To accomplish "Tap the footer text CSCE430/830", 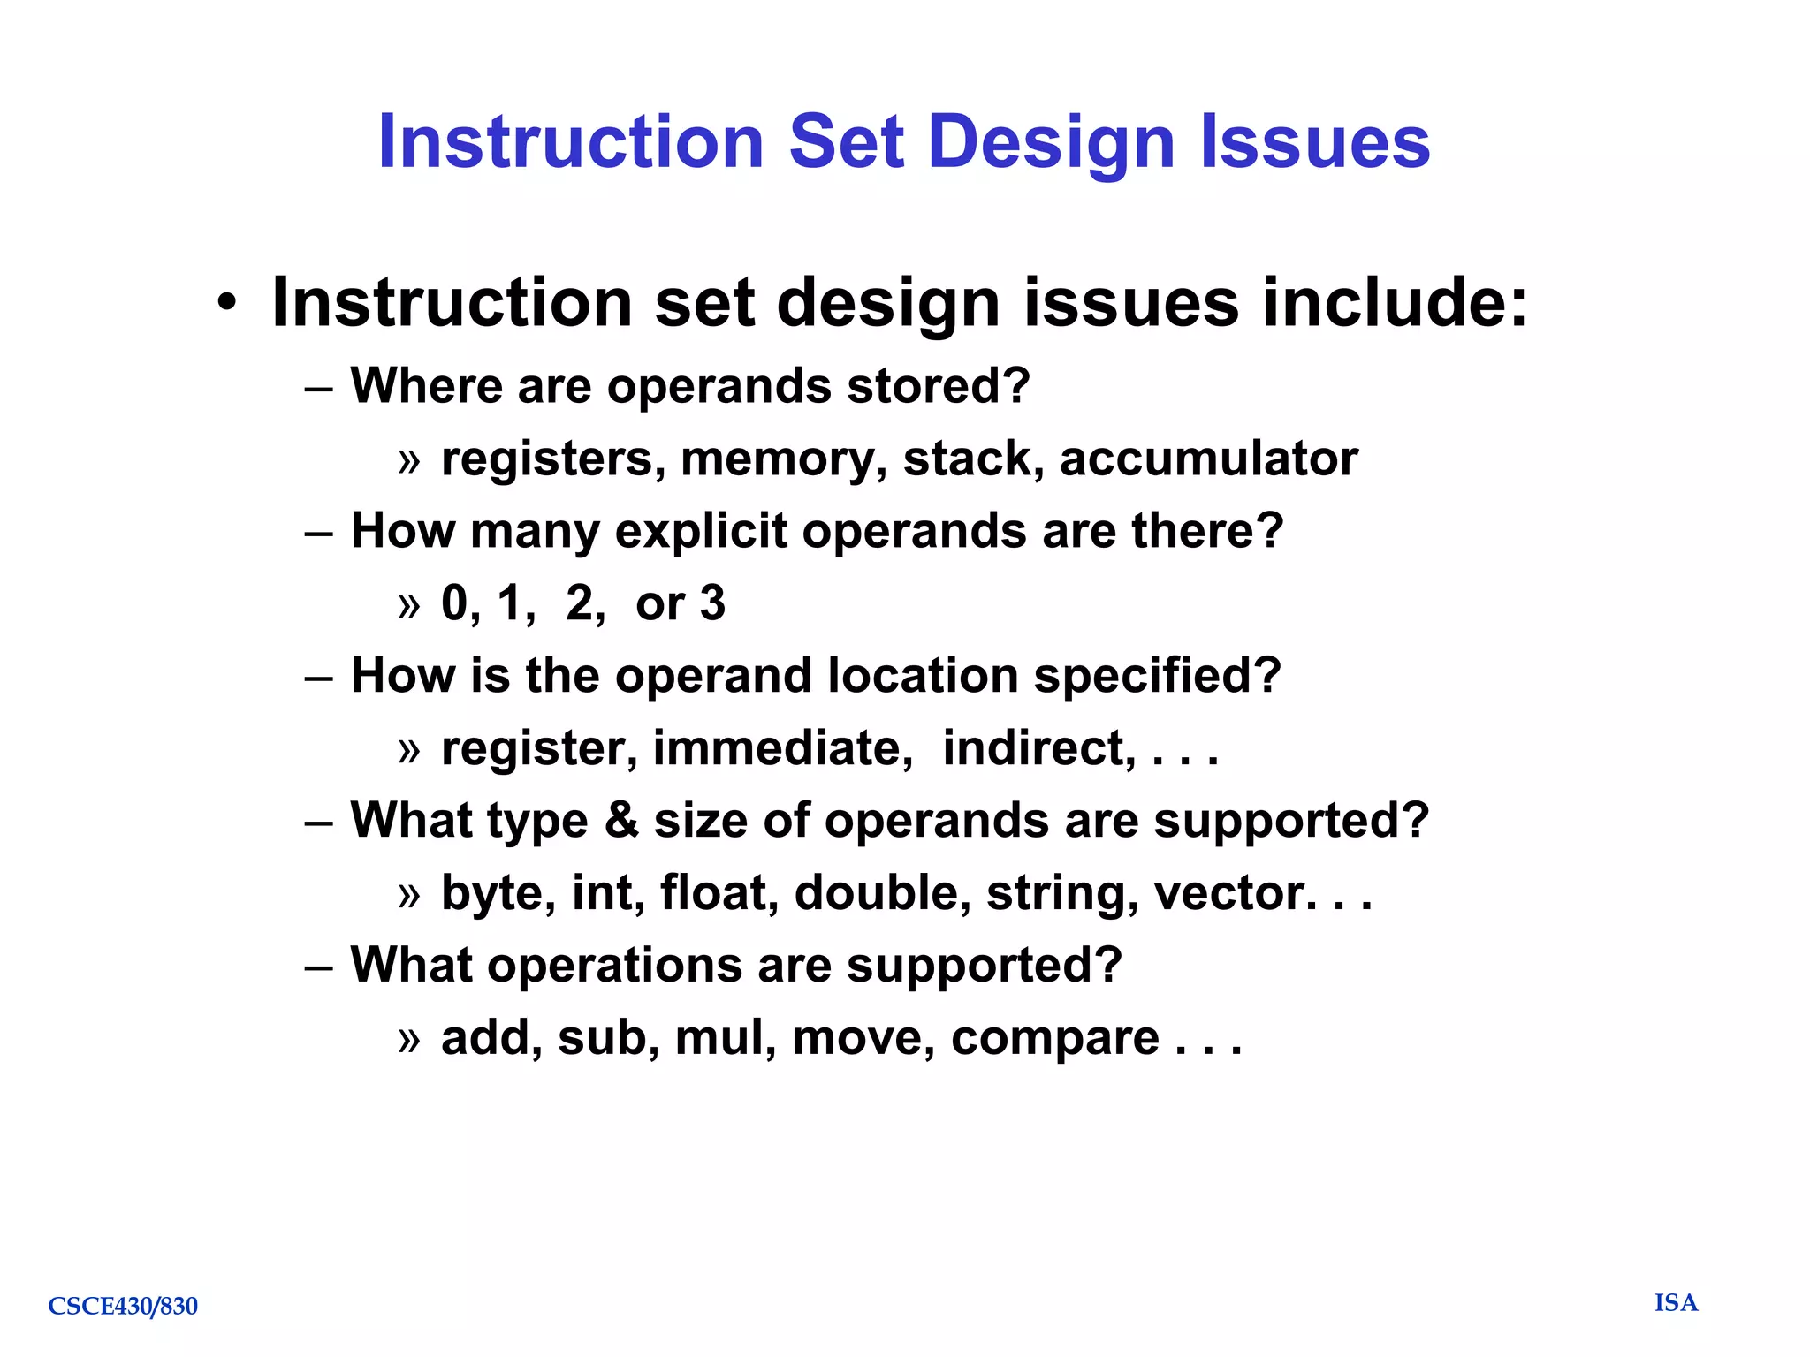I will click(x=123, y=1306).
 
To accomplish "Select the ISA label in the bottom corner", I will click(x=1676, y=1303).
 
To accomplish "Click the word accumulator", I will click(x=1208, y=459).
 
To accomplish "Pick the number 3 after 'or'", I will click(x=712, y=603).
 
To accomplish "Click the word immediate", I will click(x=782, y=748).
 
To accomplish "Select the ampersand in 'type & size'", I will click(x=621, y=820).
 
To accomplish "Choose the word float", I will click(x=719, y=892).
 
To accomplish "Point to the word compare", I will click(x=1054, y=1039).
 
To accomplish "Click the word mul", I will click(x=725, y=1037).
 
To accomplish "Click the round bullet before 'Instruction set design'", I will click(x=227, y=303).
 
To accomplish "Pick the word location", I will click(x=923, y=676).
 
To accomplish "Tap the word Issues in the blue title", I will click(x=1314, y=143).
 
